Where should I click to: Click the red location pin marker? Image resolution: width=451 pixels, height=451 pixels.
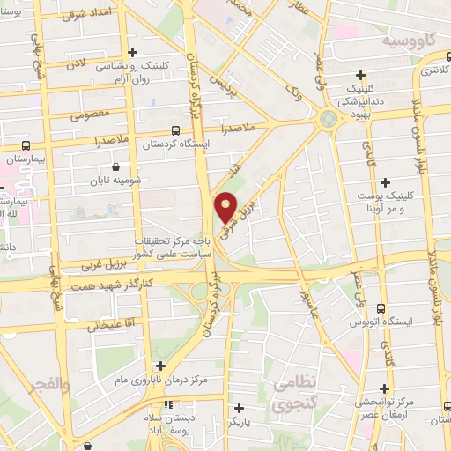(x=226, y=207)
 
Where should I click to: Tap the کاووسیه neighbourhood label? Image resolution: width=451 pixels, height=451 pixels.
(x=408, y=41)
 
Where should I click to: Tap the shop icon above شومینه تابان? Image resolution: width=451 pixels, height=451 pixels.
(x=116, y=166)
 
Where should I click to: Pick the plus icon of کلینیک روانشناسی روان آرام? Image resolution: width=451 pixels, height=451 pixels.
(x=132, y=53)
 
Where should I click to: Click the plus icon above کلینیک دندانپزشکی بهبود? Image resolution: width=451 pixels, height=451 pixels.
(x=360, y=76)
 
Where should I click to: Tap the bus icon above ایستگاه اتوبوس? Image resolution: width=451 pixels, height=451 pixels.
(x=381, y=308)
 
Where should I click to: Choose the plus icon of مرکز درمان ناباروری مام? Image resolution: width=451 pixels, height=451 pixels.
(x=160, y=366)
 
